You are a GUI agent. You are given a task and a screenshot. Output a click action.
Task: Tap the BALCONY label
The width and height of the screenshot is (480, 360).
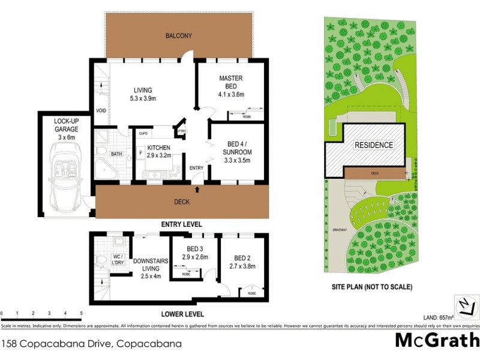click(179, 36)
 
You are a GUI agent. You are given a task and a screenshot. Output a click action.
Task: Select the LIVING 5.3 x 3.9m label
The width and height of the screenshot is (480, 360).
click(142, 95)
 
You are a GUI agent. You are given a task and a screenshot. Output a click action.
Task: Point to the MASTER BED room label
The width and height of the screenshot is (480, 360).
click(230, 86)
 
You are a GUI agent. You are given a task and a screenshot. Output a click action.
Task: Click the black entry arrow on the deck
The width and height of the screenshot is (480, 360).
click(197, 190)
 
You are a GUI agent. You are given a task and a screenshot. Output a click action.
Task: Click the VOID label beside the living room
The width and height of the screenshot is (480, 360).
click(101, 111)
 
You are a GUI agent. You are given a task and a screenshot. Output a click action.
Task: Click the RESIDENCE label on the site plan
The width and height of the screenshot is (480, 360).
click(374, 145)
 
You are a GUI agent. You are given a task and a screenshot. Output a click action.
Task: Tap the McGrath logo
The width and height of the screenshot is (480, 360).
click(437, 340)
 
